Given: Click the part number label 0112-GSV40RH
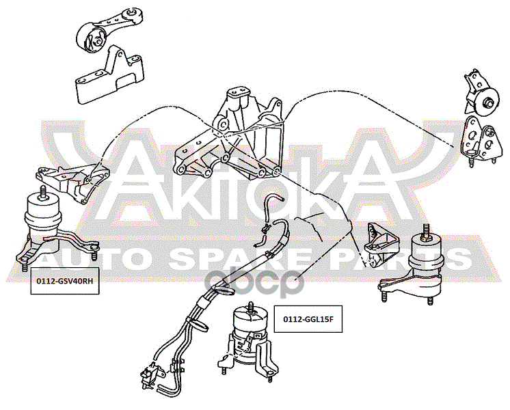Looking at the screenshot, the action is coord(64,281).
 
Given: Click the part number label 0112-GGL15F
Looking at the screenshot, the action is coord(308,319).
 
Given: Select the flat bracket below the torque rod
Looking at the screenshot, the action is coord(110,75).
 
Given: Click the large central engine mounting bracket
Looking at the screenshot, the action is coord(228,135).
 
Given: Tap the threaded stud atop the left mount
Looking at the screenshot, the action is coord(42,192).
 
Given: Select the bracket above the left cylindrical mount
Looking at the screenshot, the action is coord(73,182).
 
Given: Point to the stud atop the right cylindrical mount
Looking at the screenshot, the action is coord(426,232).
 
